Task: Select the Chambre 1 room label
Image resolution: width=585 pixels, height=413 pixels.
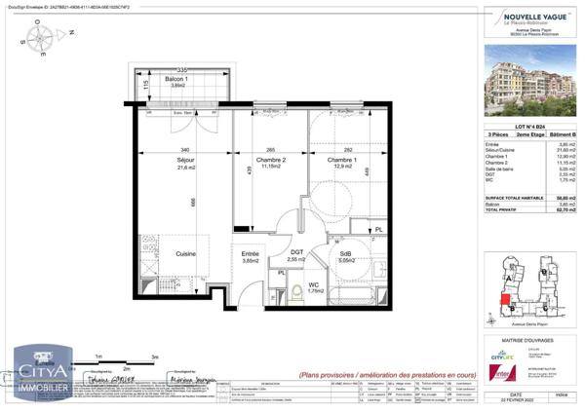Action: click(x=340, y=161)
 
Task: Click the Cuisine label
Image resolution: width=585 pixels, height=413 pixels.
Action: click(x=185, y=253)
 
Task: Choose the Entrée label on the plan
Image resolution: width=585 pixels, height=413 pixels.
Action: click(x=251, y=255)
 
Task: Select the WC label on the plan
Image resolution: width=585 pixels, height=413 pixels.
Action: click(x=315, y=286)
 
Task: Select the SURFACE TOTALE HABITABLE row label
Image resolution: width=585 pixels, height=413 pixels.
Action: click(x=517, y=196)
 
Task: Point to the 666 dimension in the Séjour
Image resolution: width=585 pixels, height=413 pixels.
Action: click(x=193, y=201)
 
